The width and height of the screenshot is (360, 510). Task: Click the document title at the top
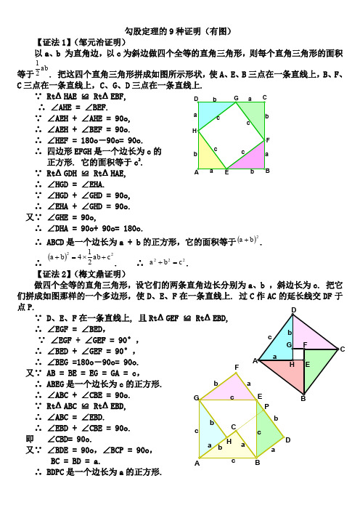pos(179,31)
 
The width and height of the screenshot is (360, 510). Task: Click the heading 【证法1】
pos(53,41)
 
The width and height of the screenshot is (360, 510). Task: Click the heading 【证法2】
pos(53,275)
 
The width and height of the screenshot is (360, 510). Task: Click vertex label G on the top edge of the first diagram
pos(236,98)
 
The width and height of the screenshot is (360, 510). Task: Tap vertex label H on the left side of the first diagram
pos(195,131)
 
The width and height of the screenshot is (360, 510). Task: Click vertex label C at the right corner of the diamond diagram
pos(341,349)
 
